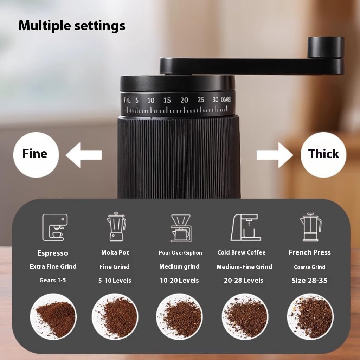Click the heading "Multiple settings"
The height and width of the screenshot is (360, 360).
tap(72, 26)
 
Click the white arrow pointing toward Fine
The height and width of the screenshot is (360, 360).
tap(84, 155)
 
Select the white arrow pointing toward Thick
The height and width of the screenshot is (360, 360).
tap(274, 155)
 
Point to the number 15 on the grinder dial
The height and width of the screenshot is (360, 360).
tap(167, 101)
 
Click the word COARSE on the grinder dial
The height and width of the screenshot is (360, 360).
tap(226, 100)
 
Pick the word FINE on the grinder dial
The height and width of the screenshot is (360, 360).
tap(127, 101)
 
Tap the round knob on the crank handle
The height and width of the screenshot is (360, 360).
tap(326, 47)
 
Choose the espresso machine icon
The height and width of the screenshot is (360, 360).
tap(54, 227)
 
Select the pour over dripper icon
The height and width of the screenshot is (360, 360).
tap(180, 228)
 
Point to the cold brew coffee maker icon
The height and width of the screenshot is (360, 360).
tap(246, 227)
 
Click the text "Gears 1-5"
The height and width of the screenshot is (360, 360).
tap(53, 280)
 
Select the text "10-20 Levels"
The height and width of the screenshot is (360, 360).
tap(179, 281)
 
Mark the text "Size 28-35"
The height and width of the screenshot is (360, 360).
tap(309, 281)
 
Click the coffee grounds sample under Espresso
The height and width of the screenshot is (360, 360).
tap(53, 316)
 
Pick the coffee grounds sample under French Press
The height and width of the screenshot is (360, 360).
tap(310, 316)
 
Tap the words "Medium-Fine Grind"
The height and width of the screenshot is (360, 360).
tap(244, 267)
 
